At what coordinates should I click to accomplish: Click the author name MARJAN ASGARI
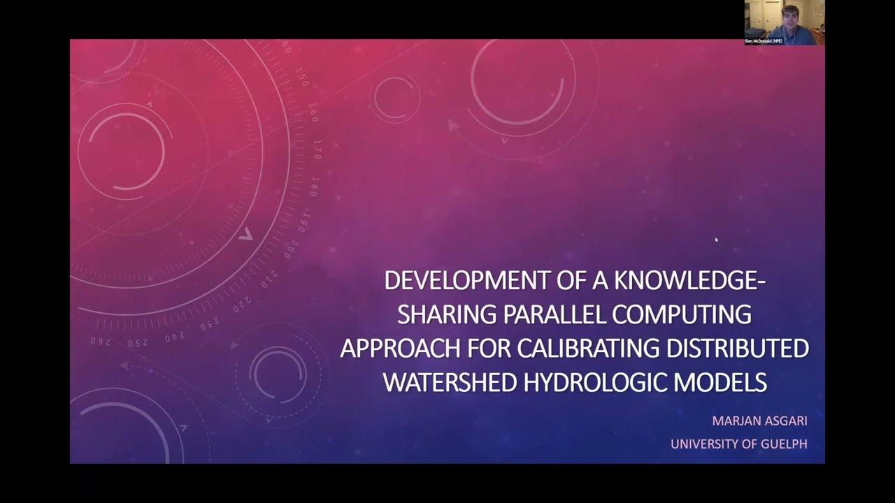click(759, 422)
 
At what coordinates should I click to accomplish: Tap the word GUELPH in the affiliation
click(782, 444)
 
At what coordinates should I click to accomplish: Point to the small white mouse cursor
click(716, 240)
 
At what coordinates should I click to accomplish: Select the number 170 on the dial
click(316, 149)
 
